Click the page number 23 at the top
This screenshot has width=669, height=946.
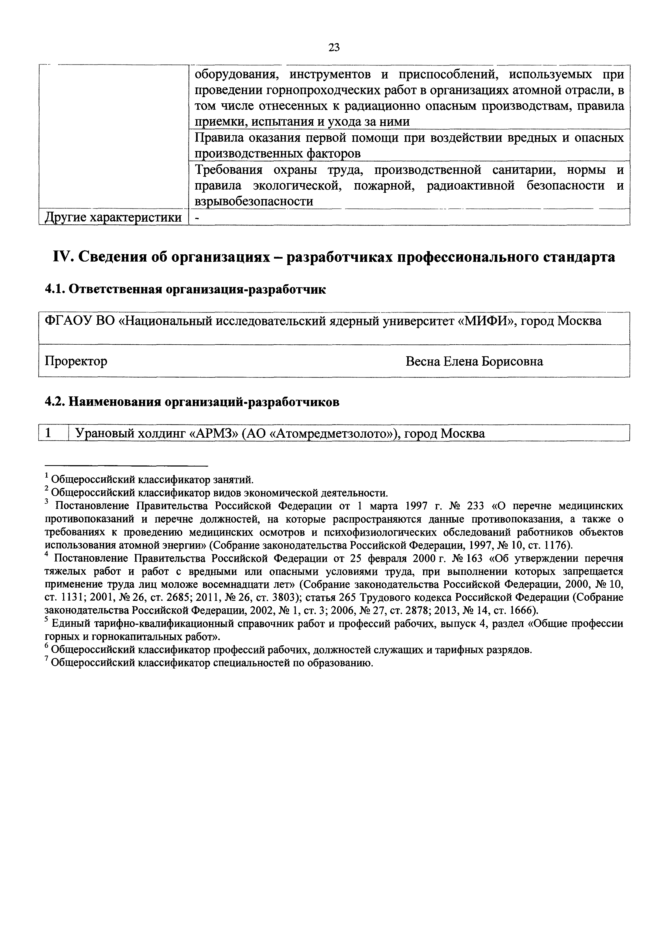[x=334, y=48]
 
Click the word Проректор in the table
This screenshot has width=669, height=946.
[x=76, y=361]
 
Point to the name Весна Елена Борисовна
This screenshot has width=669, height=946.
[x=474, y=361]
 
